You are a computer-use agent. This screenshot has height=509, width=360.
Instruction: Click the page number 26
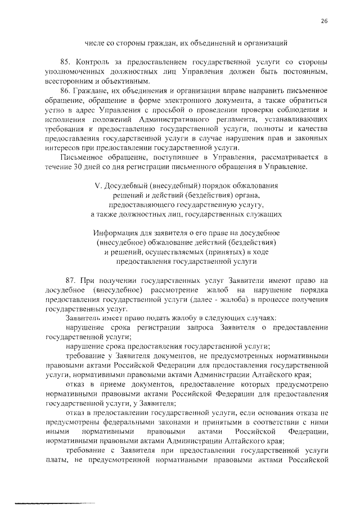(x=324, y=21)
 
